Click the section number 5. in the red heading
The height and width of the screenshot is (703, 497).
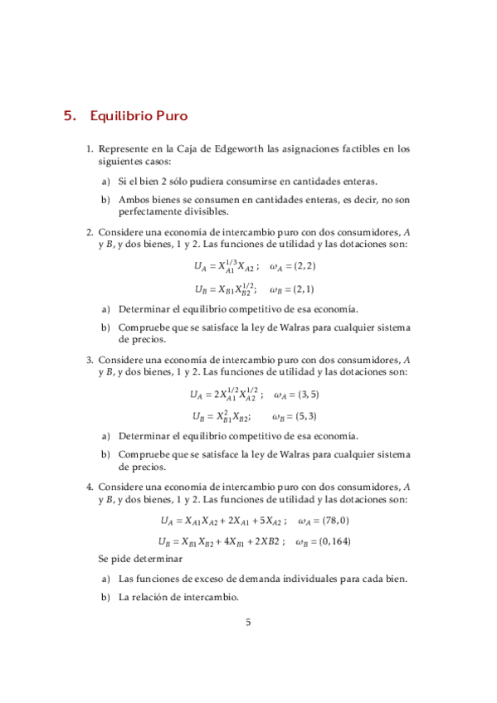click(70, 117)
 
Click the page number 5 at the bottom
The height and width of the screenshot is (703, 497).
click(248, 623)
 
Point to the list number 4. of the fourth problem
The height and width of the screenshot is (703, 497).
click(90, 486)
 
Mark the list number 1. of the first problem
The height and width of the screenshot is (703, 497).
click(90, 149)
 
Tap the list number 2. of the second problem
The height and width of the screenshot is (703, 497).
click(90, 233)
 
